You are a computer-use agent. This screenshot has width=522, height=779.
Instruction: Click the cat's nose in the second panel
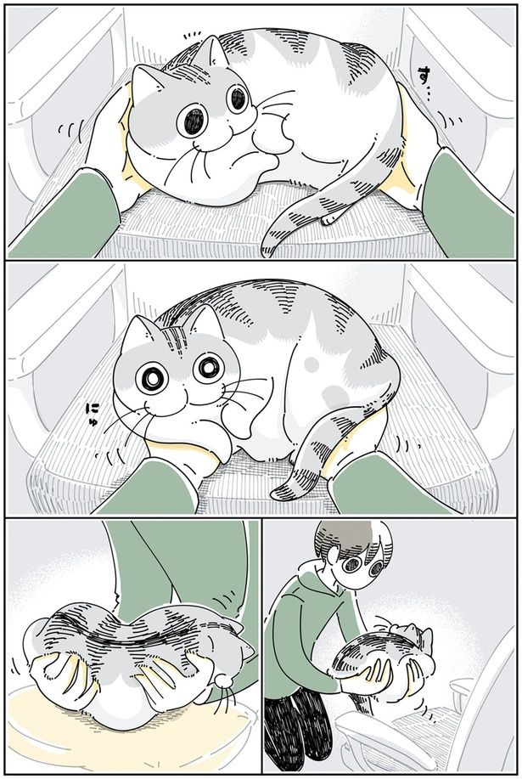coord(181,390)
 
